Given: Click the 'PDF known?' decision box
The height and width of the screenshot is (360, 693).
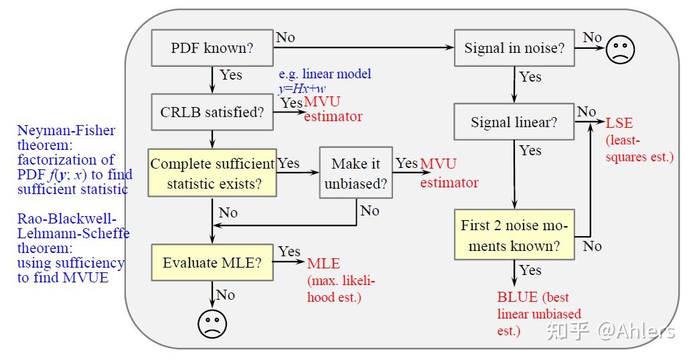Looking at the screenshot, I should point(212,48).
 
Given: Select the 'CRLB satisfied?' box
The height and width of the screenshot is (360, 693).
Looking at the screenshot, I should point(212,112).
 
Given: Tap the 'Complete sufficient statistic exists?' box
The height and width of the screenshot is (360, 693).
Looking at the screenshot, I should point(212,173).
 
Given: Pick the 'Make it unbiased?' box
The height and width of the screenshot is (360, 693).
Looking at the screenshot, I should point(356,173).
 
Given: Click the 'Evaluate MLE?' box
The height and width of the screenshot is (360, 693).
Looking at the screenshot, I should point(212,263).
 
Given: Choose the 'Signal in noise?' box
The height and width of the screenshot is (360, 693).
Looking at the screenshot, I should point(514,48).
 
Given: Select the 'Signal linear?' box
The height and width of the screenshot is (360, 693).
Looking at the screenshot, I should point(514,122).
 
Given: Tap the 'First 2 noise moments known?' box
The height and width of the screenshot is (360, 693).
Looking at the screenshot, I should point(514,236).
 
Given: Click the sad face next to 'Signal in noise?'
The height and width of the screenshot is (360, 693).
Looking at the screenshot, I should point(620,49).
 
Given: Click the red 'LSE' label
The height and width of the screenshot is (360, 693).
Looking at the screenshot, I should point(619,123).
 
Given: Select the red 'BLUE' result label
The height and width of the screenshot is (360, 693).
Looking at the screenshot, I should point(518,297).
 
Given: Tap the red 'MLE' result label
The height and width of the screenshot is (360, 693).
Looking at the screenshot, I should point(323,264).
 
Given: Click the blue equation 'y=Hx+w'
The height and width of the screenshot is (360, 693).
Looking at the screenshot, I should point(302,88).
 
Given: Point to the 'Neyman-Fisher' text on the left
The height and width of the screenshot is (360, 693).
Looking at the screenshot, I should point(66,130).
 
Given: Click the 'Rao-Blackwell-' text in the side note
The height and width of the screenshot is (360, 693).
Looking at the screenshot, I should point(67,219).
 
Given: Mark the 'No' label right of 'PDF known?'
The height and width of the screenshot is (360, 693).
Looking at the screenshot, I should point(285,37).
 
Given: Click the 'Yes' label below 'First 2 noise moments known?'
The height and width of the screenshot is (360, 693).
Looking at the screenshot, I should point(530,270).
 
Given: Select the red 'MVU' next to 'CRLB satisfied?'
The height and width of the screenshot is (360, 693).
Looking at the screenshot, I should point(322,102).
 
